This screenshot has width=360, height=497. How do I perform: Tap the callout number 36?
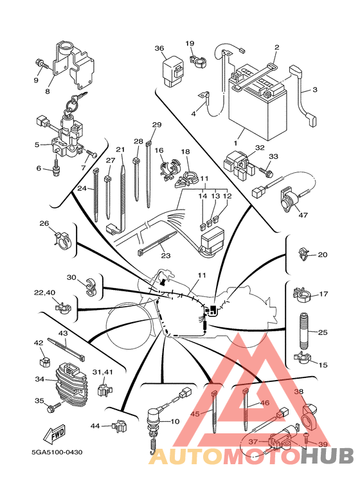159,48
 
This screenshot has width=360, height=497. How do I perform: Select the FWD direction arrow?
54,433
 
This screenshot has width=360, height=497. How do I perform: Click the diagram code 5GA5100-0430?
57,452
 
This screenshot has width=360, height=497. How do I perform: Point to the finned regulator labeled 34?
71,384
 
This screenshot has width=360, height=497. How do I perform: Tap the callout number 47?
303,215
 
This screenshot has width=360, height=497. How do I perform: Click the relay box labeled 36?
173,71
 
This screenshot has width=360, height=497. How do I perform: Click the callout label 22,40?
44,293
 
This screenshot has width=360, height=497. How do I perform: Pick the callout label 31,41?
102,372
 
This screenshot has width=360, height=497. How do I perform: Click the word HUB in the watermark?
327,455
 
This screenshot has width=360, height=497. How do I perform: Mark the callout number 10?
175,422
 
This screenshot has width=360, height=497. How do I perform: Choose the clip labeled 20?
303,255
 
